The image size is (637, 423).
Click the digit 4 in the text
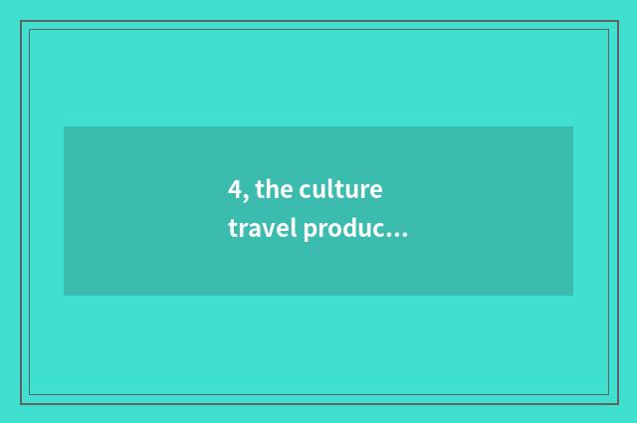pos(234,191)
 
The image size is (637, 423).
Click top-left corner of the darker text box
pos(64,126)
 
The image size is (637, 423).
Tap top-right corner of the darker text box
pos(572,126)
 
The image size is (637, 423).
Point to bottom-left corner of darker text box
pos(64,295)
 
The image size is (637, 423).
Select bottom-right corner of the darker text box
pos(572,295)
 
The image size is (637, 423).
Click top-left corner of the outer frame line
pos(21,21)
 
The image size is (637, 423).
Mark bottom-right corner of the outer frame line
pos(616,402)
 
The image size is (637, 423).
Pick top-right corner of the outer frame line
pos(616,21)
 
